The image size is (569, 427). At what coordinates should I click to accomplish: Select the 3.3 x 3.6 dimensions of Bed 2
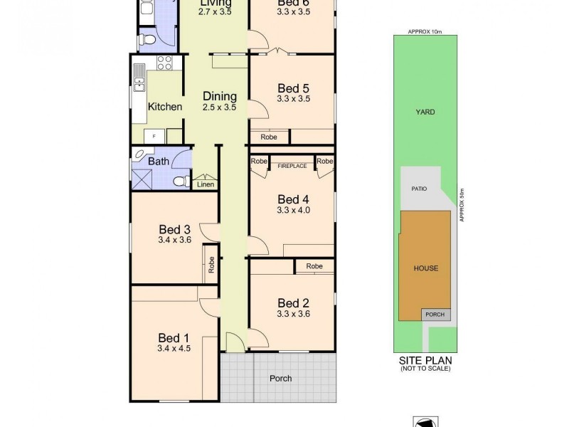pos(294,313)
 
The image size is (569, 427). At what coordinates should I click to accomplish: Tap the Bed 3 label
pos(174,229)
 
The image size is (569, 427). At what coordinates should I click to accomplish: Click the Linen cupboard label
pos(206,185)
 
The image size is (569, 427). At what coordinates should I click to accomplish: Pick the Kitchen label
pos(165,107)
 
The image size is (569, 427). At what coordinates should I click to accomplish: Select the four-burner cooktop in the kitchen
pos(164,63)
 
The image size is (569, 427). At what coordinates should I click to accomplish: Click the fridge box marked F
pos(154,135)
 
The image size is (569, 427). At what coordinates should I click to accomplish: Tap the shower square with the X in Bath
pos(142,179)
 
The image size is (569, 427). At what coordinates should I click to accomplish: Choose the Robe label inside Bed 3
pos(211,265)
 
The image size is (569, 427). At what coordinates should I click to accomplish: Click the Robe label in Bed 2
pos(314,266)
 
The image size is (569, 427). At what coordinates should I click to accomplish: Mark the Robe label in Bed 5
pos(269,137)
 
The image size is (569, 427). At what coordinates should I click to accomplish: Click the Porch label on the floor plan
pos(281,378)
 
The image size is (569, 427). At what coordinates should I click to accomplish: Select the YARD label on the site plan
pos(425,112)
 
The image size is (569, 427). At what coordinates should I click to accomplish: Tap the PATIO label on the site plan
pos(418,189)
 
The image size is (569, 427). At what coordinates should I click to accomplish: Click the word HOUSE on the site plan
pos(425,268)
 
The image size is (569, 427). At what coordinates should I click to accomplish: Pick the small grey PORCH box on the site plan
pos(434,315)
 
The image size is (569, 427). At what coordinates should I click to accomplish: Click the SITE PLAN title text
pos(425,361)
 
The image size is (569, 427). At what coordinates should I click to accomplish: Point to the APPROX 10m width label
pos(425,32)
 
